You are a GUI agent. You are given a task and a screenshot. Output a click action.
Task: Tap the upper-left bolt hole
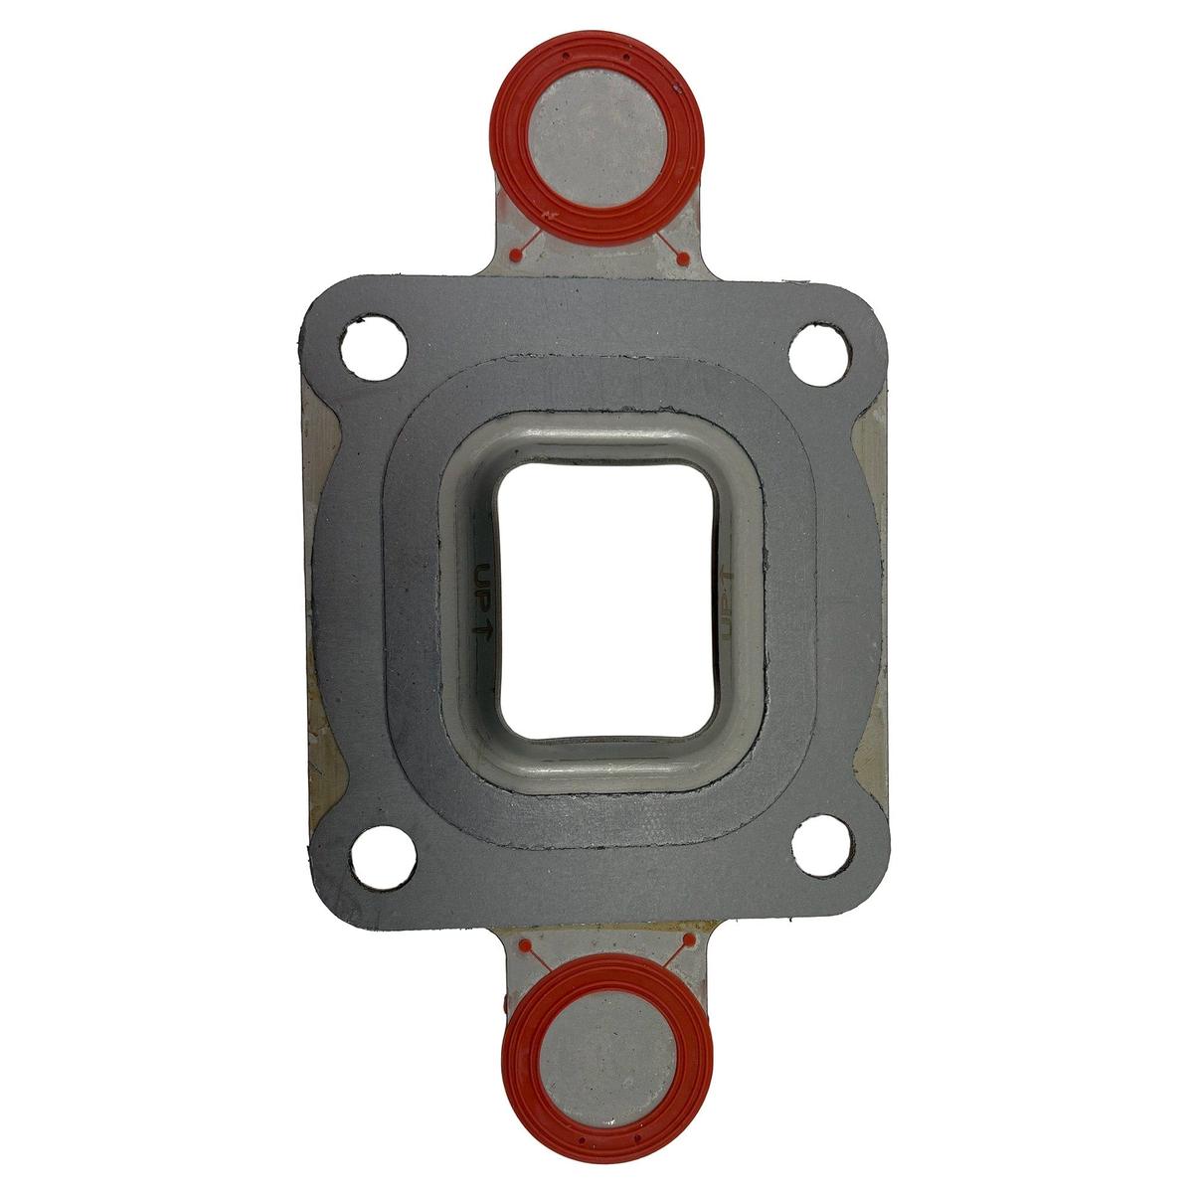(374, 349)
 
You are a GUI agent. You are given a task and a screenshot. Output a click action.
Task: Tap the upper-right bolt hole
(820, 356)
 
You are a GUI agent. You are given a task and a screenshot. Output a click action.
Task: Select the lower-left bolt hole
(382, 857)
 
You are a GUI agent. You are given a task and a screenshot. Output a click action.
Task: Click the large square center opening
(606, 600)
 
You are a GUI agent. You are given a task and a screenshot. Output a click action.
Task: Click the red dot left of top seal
(513, 255)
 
